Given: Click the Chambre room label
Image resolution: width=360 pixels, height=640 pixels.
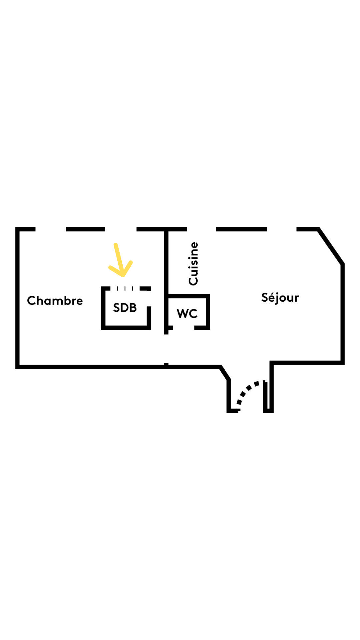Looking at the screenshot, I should (55, 301).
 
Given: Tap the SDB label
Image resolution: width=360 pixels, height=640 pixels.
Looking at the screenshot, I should (125, 308).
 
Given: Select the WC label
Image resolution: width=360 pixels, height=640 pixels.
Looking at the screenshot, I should (187, 314).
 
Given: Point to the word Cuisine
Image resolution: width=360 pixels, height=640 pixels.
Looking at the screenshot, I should (193, 264).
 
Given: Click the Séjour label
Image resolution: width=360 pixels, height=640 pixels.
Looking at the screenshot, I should (280, 297).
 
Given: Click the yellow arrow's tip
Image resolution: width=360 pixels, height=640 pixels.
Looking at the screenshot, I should (123, 275).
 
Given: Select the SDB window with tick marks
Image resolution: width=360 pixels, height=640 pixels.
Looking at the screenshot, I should (125, 288).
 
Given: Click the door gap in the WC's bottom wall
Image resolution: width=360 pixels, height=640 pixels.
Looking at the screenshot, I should (184, 328).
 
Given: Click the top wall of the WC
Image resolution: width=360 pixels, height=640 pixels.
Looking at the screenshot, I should (188, 296).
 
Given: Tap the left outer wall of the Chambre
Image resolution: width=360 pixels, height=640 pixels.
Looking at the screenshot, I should (17, 297).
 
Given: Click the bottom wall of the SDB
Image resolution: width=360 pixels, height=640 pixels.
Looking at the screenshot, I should (126, 328).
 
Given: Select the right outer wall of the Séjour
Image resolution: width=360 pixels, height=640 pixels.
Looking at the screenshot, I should (342, 313).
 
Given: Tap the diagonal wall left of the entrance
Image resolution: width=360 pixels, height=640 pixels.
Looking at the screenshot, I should (225, 373).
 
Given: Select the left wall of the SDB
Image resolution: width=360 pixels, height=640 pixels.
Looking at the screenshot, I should (103, 308).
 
